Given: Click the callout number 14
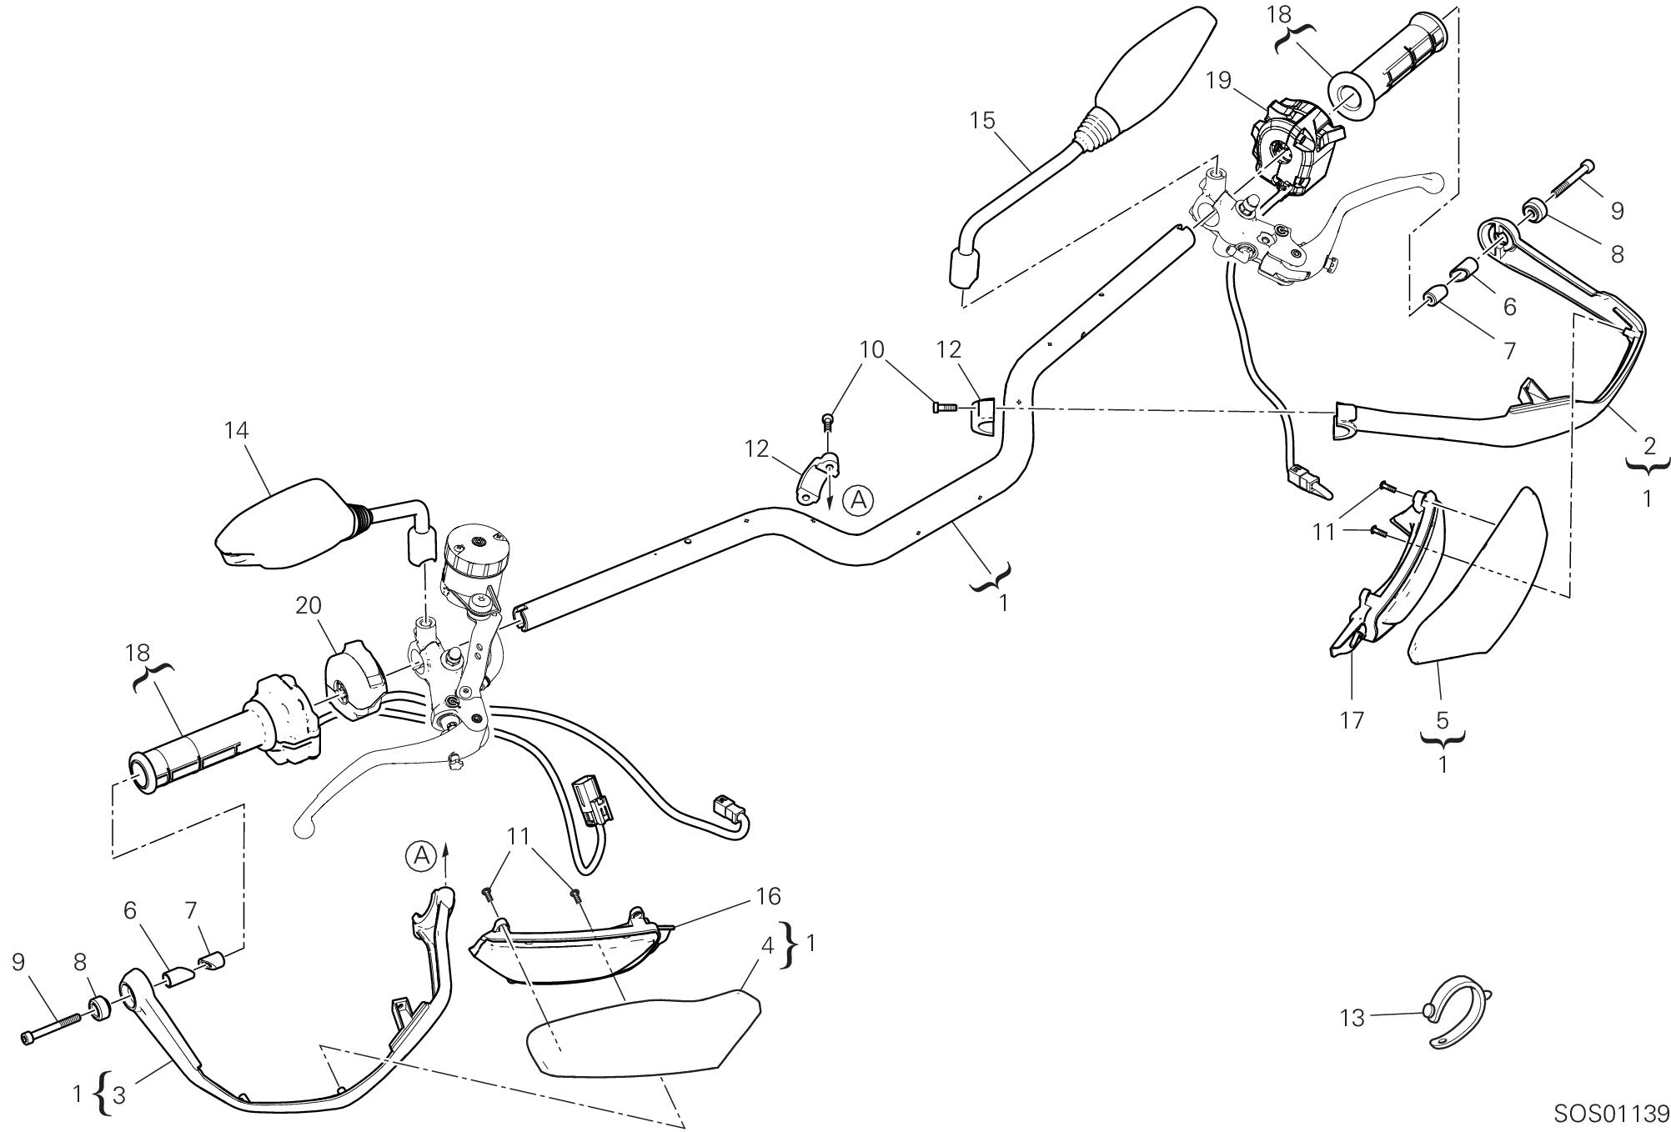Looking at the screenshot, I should point(236,431).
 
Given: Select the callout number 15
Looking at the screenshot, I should point(983,121).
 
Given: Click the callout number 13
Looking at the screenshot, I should point(1352,1018).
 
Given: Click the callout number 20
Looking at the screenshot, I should point(308,606).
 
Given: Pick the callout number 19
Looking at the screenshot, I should point(1218,81).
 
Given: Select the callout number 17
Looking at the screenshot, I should point(1352,719).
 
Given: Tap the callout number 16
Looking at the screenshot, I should point(768,897).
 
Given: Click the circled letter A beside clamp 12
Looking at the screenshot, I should point(858,501).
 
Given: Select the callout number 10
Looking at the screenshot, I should point(871,349).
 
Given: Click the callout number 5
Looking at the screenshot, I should point(1443,719).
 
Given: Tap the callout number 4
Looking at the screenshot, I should point(767,947).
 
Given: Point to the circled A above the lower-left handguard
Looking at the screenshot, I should point(422,855).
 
